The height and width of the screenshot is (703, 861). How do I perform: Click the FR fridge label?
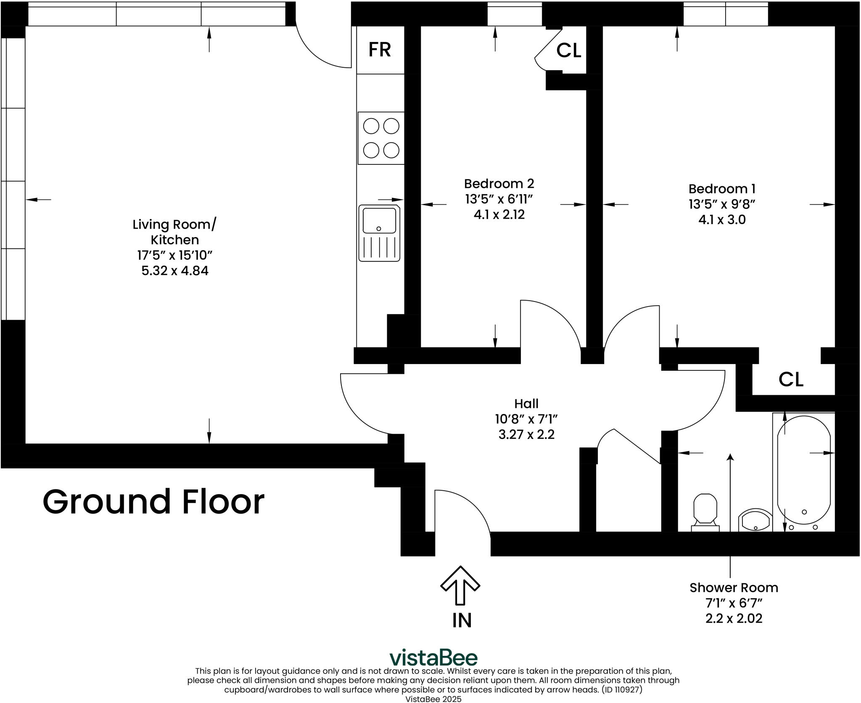coord(380,50)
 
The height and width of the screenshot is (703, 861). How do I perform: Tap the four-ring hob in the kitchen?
coord(381,138)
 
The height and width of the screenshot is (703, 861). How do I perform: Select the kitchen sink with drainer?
coord(379,233)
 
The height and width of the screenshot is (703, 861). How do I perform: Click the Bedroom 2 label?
coord(499,184)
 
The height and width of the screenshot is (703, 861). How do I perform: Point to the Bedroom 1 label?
coord(722,188)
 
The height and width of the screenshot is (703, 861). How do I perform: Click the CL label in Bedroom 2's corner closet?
coord(568,51)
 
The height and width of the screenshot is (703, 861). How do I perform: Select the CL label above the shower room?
coord(791,379)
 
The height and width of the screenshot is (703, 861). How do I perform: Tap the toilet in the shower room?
coord(705,510)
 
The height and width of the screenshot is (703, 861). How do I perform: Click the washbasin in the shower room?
coord(755,521)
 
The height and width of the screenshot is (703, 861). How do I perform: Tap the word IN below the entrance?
coord(462,621)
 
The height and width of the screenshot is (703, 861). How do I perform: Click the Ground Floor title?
coord(153,502)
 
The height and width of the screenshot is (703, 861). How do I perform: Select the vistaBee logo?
coord(433,658)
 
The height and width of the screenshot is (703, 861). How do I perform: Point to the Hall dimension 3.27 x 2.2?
coord(526,434)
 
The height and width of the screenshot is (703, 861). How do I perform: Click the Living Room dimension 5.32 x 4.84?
coord(175,270)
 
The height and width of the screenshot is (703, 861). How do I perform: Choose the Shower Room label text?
coord(734,588)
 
